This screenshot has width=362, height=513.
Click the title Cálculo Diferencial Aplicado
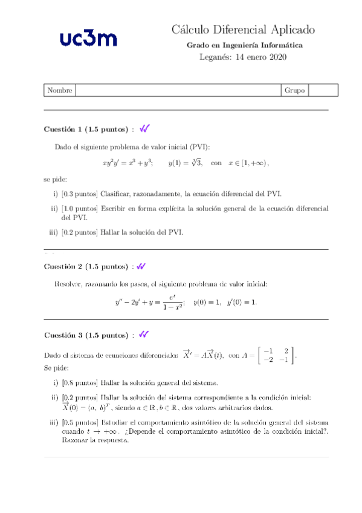tap(243, 30)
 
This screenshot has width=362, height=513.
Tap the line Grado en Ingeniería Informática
tap(243, 45)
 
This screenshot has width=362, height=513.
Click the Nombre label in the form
tap(59, 90)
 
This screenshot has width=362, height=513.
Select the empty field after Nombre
tap(178, 90)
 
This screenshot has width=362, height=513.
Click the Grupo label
tap(294, 90)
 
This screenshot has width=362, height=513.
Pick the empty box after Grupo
tap(323, 90)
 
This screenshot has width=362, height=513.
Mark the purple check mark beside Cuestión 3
tap(144, 335)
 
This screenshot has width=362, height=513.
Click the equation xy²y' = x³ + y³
tap(128, 163)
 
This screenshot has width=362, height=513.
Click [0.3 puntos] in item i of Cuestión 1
tap(80, 194)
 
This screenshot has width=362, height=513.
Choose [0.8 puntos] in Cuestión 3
tap(80, 382)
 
